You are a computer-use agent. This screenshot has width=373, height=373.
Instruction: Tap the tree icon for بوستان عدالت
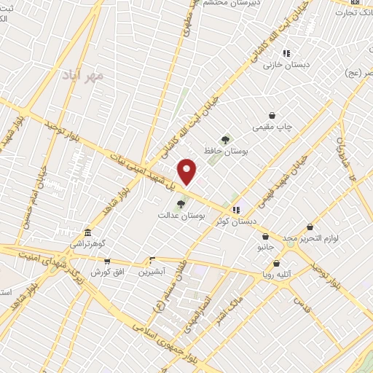tap(181, 204)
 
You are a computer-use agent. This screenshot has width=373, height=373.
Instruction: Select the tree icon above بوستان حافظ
tap(226, 140)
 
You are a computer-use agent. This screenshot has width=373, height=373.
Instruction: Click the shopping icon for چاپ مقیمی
tap(272, 115)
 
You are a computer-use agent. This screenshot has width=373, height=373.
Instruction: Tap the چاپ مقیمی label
tap(272, 127)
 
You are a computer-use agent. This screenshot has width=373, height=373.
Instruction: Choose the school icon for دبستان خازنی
tap(286, 52)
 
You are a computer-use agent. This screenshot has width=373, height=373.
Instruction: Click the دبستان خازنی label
tap(286, 65)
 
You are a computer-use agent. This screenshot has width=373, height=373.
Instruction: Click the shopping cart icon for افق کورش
tap(107, 261)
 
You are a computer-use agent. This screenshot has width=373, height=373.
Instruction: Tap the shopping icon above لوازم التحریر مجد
tap(310, 227)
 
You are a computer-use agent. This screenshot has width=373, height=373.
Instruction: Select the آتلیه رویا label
tap(280, 275)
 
